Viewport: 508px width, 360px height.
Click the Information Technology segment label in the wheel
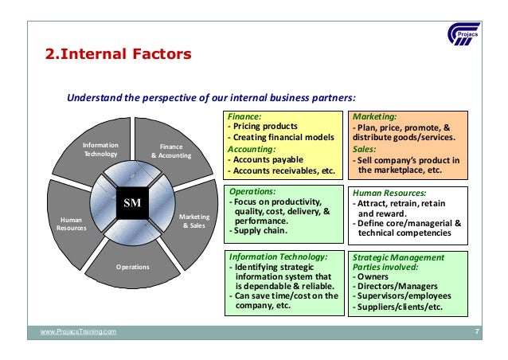pos(100,151)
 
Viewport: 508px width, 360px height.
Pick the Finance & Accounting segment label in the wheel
pos(171,151)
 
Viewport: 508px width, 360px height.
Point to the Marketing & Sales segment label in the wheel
pos(192,221)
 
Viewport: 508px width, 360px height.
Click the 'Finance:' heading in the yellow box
pos(244,116)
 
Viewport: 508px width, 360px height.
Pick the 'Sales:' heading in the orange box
pos(365,148)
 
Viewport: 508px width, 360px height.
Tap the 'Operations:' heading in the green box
pos(252,192)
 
